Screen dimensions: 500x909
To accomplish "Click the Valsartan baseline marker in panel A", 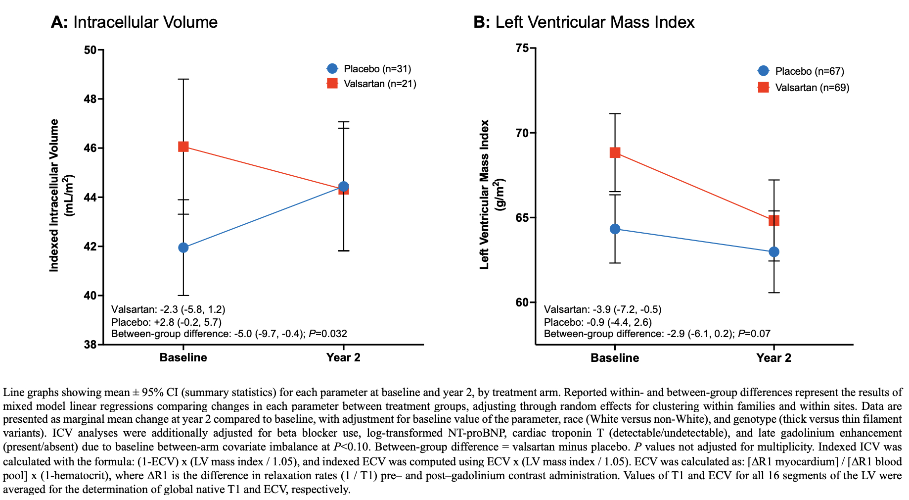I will (x=183, y=147).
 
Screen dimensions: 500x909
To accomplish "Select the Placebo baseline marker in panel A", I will (x=183, y=248).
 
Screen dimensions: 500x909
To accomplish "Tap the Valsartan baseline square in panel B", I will (x=615, y=152).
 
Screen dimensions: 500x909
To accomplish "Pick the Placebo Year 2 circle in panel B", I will (x=774, y=251).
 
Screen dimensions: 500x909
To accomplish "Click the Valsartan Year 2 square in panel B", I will (x=774, y=220).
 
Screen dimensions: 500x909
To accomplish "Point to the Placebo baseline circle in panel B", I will (x=615, y=229).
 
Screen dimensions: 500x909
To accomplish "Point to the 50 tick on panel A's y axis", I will (x=90, y=50).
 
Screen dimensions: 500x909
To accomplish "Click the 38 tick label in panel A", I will (x=90, y=345).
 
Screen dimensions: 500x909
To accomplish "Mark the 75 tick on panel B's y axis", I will (x=522, y=48).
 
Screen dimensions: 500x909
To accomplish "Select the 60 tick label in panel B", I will (x=522, y=302).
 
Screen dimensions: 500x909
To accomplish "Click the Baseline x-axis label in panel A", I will (x=183, y=357).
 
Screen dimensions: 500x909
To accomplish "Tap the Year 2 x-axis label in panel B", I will (x=774, y=358).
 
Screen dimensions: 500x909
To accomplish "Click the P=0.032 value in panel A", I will (x=328, y=334).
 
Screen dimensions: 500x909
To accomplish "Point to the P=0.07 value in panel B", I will (x=754, y=334).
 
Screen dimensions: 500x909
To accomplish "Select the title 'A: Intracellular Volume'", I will (x=134, y=22).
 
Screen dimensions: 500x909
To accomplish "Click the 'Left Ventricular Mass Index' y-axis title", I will (x=485, y=194).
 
